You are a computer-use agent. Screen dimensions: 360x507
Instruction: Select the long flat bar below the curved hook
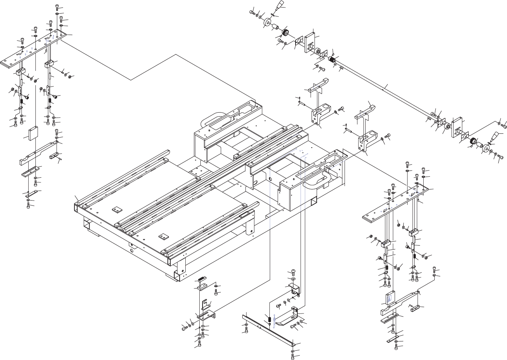268,329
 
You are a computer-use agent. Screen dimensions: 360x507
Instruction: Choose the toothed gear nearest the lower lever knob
473,141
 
